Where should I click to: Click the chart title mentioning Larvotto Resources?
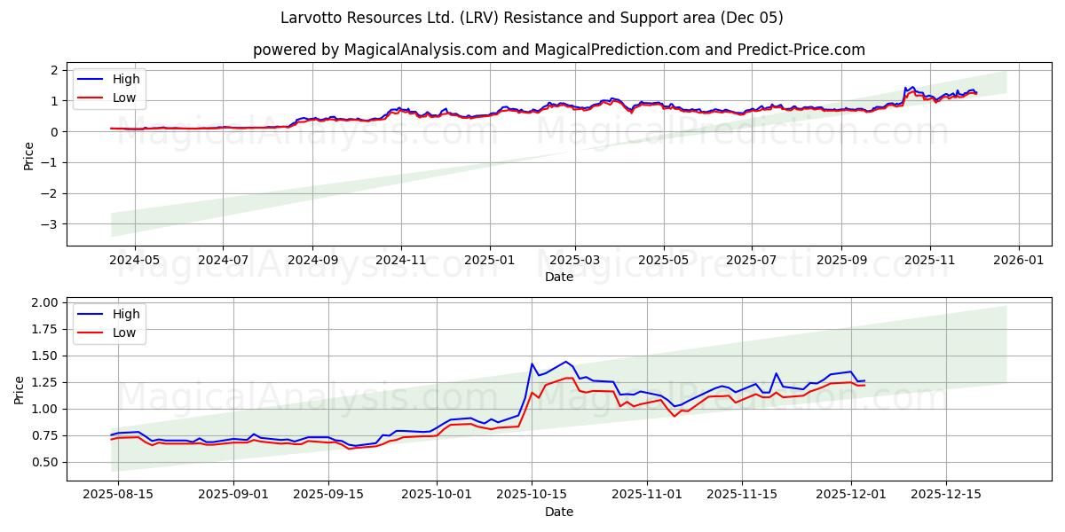[532, 18]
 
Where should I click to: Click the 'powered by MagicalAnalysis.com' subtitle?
[558, 50]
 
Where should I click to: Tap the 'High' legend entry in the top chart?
[125, 79]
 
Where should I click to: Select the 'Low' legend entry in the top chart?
[124, 98]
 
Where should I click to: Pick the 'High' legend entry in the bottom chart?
[125, 314]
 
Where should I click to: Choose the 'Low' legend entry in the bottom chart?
[124, 332]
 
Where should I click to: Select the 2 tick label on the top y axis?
[55, 70]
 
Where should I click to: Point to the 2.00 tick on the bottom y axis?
[45, 302]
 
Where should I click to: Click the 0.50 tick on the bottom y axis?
[45, 462]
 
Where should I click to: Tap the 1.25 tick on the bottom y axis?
[45, 382]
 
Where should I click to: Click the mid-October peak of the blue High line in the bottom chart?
[532, 364]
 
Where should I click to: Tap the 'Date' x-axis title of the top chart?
[558, 277]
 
